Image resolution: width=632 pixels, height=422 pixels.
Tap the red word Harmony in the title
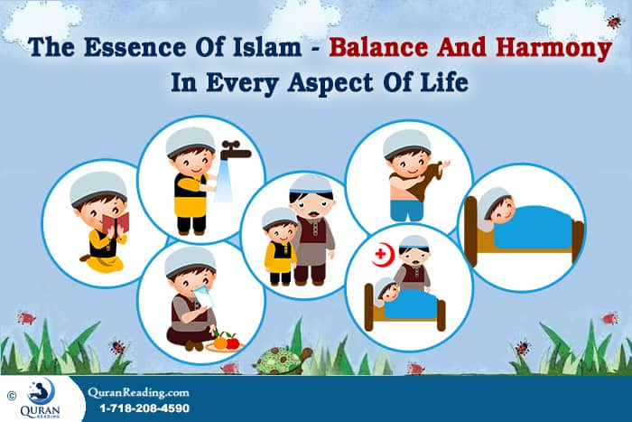pyautogui.click(x=555, y=47)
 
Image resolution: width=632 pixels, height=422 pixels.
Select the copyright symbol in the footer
pyautogui.click(x=12, y=395)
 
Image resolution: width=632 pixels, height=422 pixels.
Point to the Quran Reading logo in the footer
pyautogui.click(x=42, y=398)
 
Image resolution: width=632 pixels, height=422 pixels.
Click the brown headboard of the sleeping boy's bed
pyautogui.click(x=470, y=230)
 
